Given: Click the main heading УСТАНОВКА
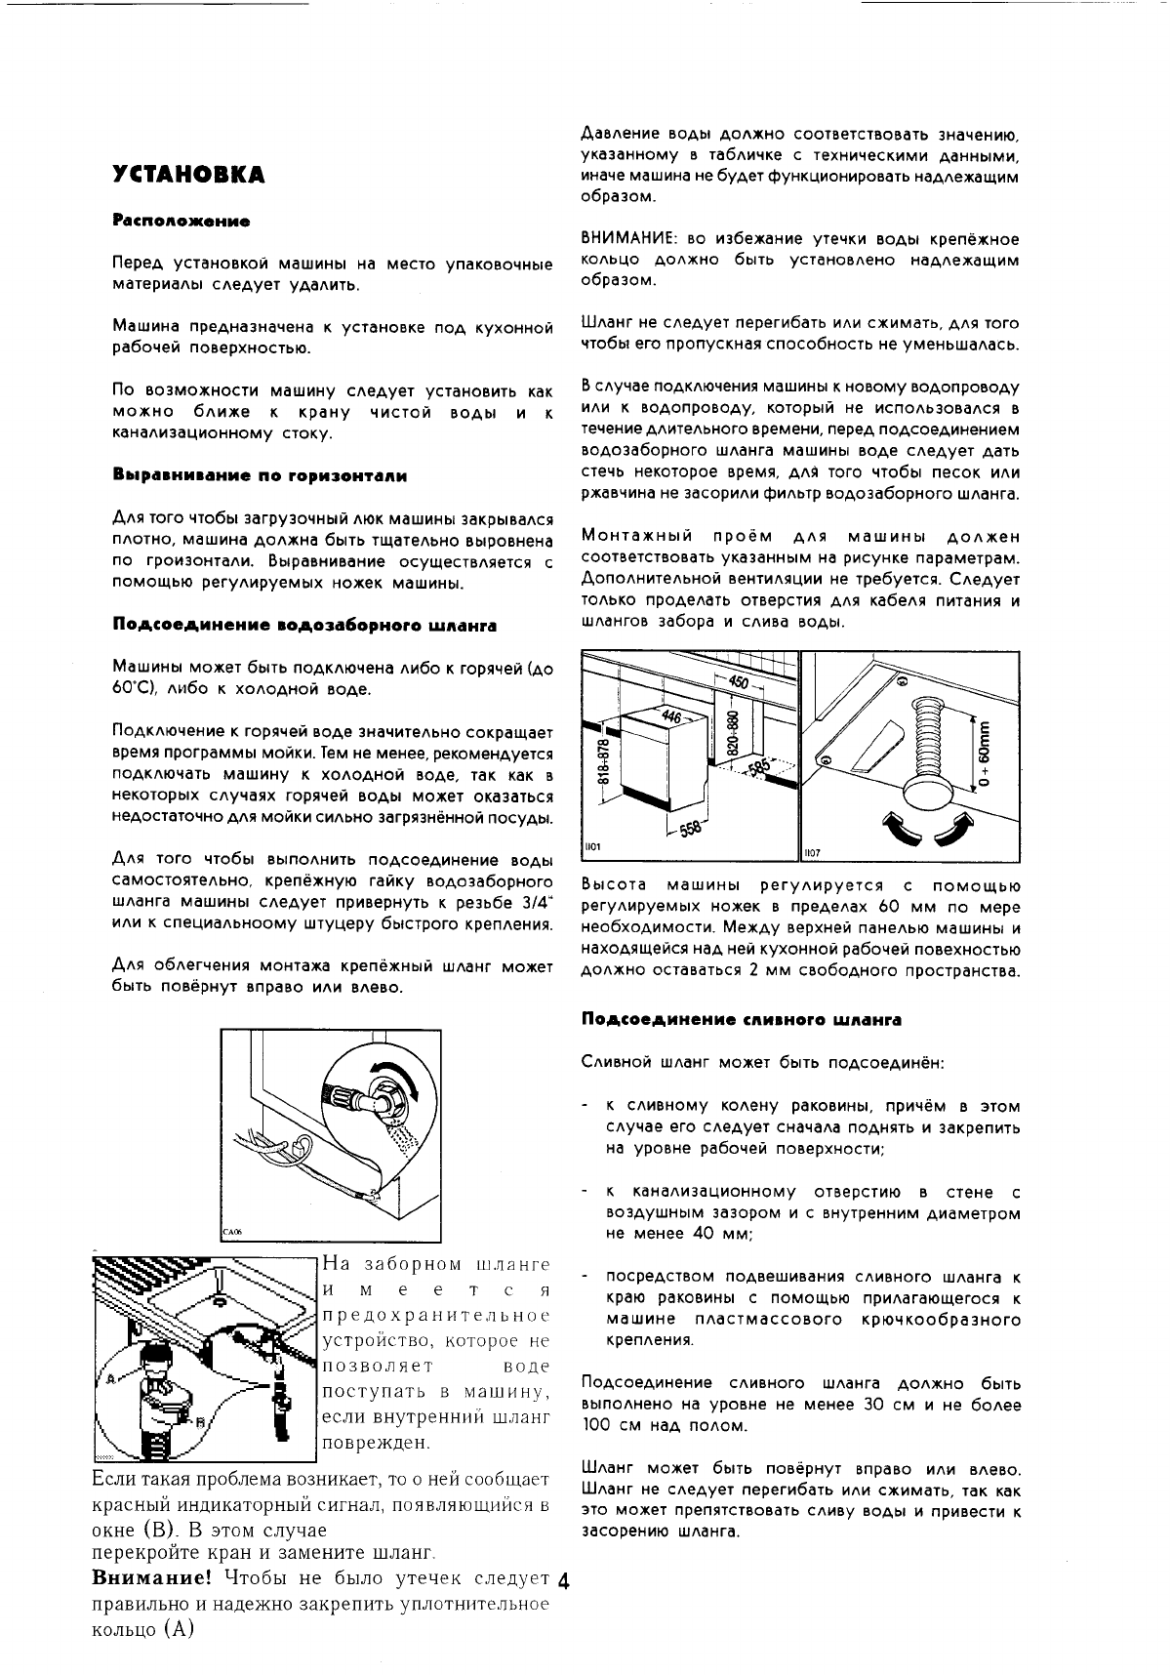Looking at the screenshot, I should point(188,176).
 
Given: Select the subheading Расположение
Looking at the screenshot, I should point(182,222).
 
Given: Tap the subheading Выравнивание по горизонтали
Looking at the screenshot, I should point(260,475).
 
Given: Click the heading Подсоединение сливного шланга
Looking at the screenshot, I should point(741,1019).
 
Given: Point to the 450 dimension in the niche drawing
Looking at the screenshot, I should point(739,682).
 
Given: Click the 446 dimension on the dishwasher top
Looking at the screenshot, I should point(671,716).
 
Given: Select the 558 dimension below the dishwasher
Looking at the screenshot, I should point(689,828).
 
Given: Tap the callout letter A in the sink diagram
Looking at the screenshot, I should point(109,1379).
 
